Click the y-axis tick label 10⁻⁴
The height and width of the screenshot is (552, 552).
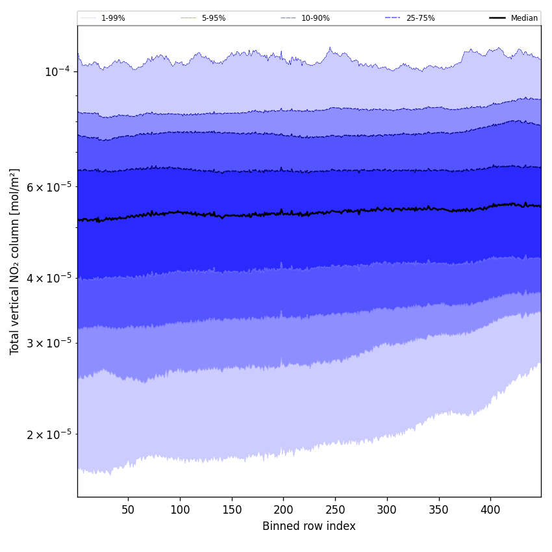pyautogui.click(x=57, y=71)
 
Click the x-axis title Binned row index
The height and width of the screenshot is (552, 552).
pyautogui.click(x=309, y=527)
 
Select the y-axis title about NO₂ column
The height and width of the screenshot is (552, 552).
pyautogui.click(x=15, y=261)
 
